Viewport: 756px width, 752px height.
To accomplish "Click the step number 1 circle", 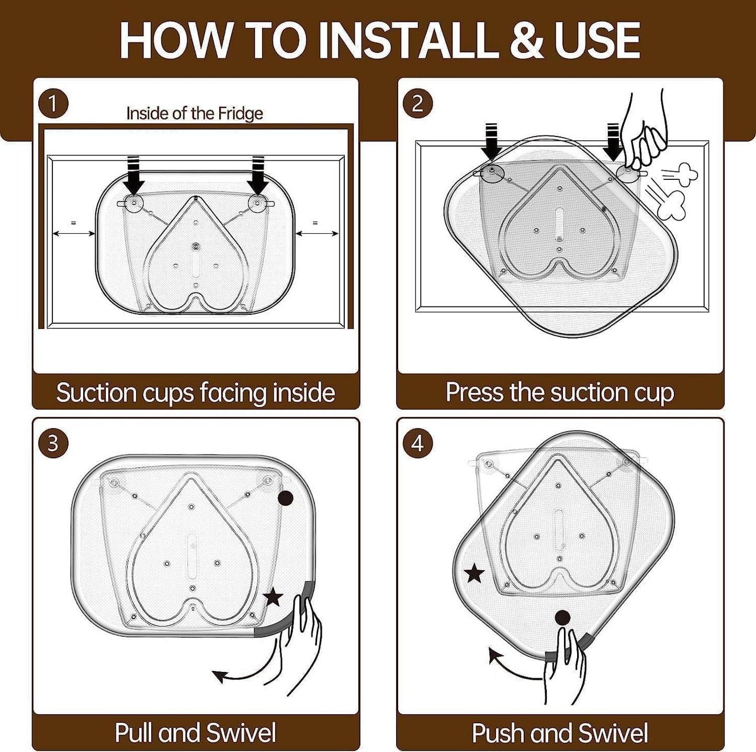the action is [53, 104].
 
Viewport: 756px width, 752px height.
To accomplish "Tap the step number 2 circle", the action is [418, 104].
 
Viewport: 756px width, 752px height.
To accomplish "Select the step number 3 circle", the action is [53, 443].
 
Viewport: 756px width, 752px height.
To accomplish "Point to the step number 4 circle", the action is [418, 443].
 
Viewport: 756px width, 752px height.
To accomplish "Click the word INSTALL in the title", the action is [405, 40].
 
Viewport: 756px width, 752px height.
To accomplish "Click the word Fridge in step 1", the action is [240, 113].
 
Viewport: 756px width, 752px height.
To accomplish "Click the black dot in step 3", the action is [285, 498].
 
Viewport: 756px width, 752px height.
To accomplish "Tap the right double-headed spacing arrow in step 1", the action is [317, 234].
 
